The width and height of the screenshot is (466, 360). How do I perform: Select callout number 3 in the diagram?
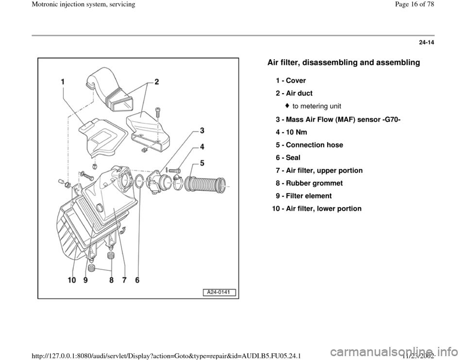[x=201, y=131]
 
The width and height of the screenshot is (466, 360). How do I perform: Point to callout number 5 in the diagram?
[x=201, y=162]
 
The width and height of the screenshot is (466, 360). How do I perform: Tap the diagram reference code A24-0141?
[x=216, y=292]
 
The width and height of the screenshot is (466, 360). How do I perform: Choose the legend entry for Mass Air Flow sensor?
[x=326, y=119]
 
